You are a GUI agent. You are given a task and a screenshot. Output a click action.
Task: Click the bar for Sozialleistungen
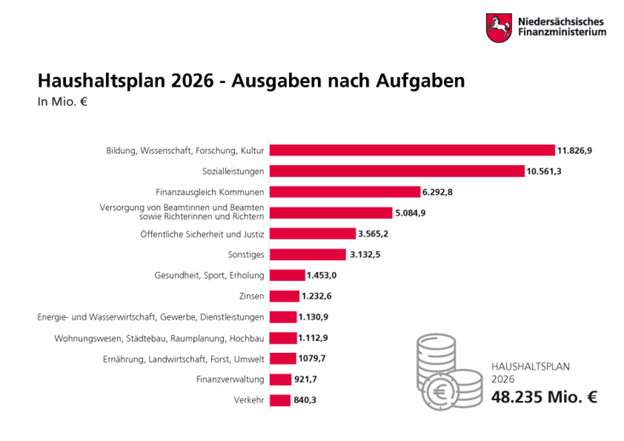click(x=397, y=170)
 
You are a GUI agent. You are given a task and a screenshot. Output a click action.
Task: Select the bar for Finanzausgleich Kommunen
click(x=344, y=192)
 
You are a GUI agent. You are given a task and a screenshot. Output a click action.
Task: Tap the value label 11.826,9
click(x=574, y=150)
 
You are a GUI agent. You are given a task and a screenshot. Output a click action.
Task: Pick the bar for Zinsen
click(x=284, y=296)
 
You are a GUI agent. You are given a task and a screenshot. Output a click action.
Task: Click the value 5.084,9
click(x=410, y=213)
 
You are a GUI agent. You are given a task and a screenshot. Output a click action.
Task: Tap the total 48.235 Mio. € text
click(x=543, y=397)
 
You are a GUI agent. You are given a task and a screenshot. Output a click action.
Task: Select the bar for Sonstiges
click(x=307, y=254)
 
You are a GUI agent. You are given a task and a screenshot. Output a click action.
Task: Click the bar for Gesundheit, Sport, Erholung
click(x=287, y=275)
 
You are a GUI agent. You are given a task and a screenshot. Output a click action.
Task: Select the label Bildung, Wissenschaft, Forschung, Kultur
click(x=185, y=150)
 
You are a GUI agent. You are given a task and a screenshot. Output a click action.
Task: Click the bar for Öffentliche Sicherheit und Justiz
click(x=312, y=233)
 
